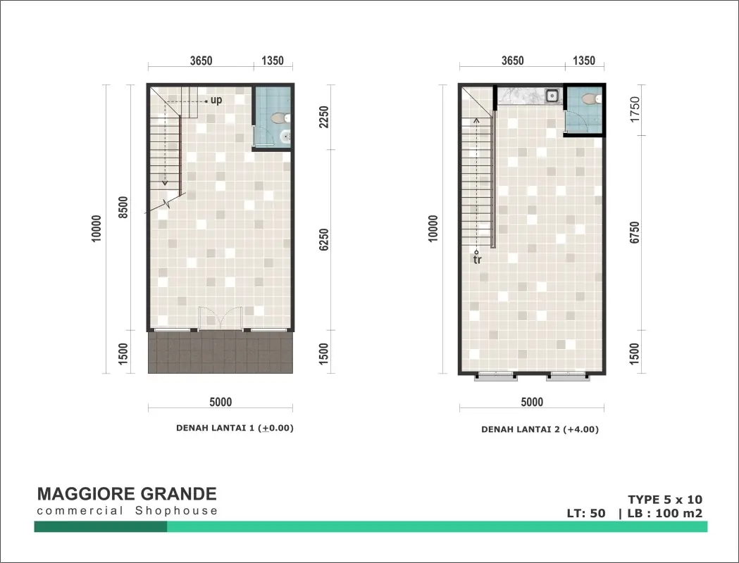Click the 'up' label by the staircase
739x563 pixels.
(x=216, y=100)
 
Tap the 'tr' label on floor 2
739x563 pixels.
(x=478, y=260)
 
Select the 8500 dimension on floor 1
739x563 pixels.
(x=123, y=207)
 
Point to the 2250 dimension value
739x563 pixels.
(x=324, y=117)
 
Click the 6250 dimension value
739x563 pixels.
(x=324, y=239)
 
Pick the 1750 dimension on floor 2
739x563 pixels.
(x=635, y=109)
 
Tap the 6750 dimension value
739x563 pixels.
(x=635, y=232)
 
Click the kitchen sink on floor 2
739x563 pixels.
(x=552, y=96)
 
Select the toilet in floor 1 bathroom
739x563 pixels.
(x=280, y=118)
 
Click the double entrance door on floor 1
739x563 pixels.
(x=221, y=318)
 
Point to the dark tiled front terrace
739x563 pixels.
(x=221, y=352)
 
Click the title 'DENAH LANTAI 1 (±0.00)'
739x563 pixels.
(x=235, y=428)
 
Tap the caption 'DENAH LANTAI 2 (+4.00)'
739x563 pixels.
(x=540, y=429)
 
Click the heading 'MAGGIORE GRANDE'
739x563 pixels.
(x=127, y=494)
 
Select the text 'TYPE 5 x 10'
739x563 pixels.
(x=665, y=500)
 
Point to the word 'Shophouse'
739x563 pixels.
(x=176, y=511)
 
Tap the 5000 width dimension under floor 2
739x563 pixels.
(x=532, y=402)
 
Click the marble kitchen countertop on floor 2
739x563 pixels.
(x=521, y=96)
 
